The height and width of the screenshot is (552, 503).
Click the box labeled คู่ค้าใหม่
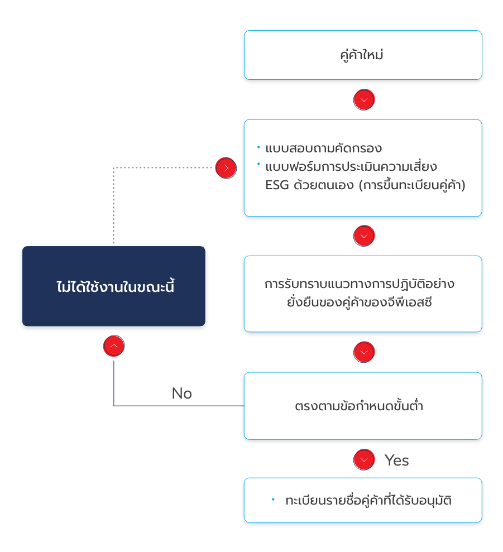(x=362, y=55)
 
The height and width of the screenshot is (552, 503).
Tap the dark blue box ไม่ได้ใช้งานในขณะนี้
(x=114, y=286)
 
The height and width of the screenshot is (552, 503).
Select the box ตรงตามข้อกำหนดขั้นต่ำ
(x=362, y=406)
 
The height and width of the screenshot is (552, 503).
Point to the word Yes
(x=396, y=460)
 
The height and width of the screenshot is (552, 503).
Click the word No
(x=181, y=393)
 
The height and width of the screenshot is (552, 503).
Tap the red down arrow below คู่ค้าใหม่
(x=364, y=100)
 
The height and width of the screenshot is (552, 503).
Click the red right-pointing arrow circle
(x=226, y=167)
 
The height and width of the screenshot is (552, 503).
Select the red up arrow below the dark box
(x=114, y=346)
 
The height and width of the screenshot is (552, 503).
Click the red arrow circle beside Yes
(x=364, y=460)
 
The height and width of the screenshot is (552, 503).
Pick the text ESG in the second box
(x=277, y=185)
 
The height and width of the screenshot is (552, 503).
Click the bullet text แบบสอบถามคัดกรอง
(x=323, y=148)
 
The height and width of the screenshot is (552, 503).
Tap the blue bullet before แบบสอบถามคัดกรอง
(x=258, y=147)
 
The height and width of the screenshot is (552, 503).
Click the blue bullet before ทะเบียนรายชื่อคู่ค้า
(x=273, y=499)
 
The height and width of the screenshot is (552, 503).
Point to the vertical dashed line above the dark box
(x=114, y=207)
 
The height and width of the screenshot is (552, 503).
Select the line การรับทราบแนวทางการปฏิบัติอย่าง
(x=359, y=284)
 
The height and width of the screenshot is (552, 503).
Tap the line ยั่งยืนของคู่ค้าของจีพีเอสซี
(x=359, y=303)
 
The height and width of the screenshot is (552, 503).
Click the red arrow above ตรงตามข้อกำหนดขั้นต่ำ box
(x=364, y=352)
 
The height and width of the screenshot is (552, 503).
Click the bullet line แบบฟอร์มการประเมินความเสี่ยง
(x=351, y=167)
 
